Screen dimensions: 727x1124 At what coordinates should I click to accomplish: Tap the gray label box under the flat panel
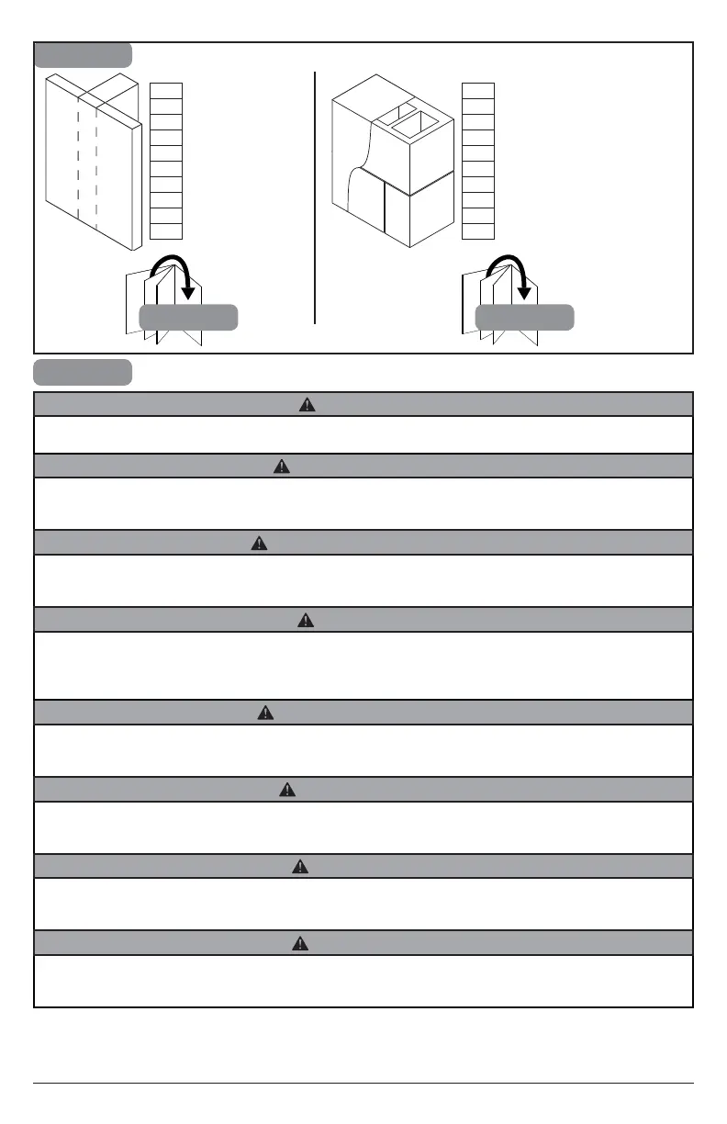click(x=188, y=318)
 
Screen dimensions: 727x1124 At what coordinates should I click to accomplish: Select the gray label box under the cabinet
click(x=525, y=318)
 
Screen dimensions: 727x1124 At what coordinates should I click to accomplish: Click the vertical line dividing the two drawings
click(x=315, y=197)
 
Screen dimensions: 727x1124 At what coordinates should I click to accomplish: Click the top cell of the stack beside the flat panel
click(x=166, y=90)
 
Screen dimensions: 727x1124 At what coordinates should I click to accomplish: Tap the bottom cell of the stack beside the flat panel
click(x=166, y=230)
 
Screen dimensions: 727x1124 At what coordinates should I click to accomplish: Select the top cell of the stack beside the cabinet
click(x=478, y=90)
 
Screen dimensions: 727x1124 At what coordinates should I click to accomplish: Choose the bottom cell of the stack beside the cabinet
click(x=478, y=230)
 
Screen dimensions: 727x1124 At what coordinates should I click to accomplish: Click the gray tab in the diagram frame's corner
click(x=83, y=55)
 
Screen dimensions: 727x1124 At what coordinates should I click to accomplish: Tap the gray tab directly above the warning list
click(x=83, y=372)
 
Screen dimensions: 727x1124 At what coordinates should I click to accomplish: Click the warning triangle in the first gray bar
click(x=308, y=405)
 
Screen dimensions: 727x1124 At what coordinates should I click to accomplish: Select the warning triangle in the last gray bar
click(x=297, y=943)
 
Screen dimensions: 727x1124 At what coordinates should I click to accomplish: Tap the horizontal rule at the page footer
click(x=363, y=1085)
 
